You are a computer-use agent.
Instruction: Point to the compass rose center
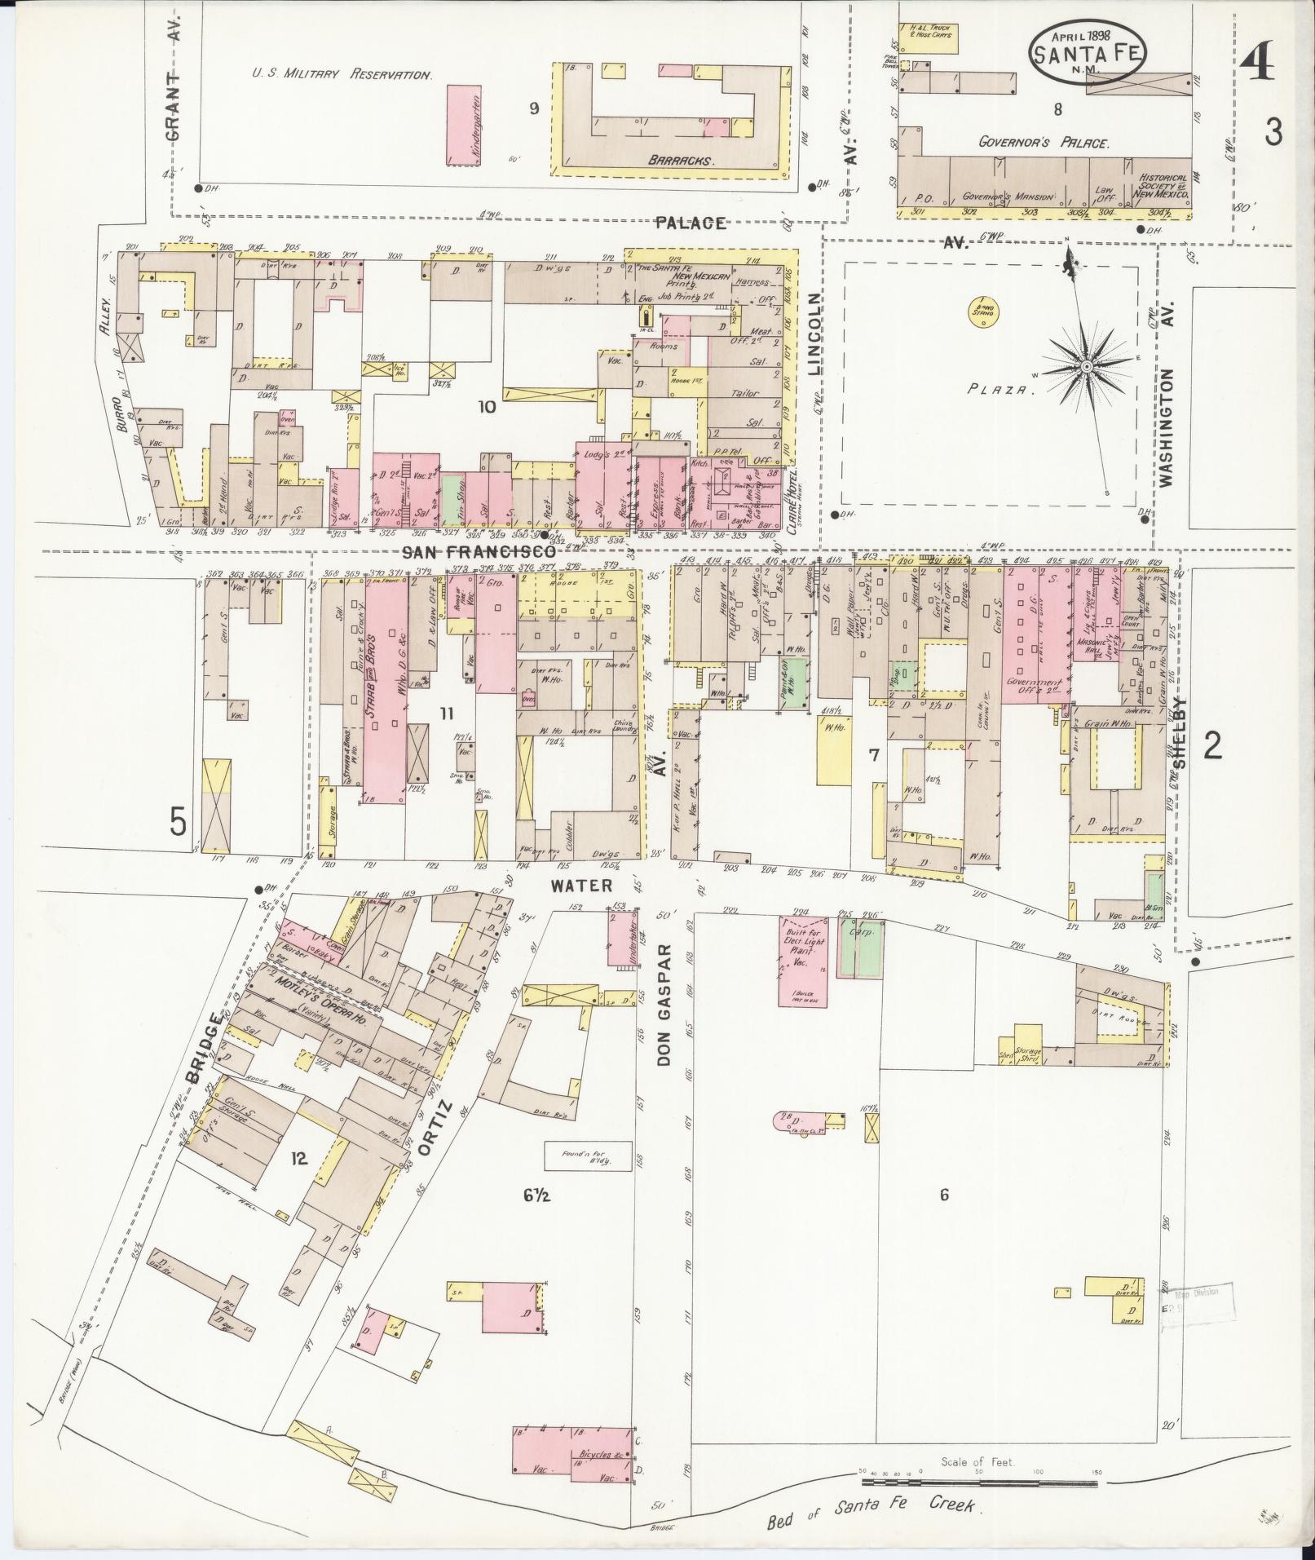[x=1085, y=368]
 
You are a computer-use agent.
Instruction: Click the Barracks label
[x=681, y=161]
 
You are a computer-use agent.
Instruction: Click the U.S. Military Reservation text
[x=341, y=74]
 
